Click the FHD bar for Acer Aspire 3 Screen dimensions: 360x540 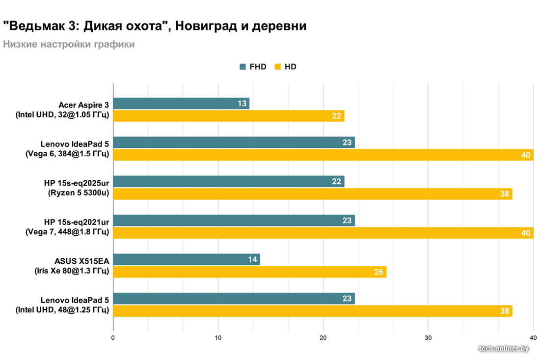click(181, 104)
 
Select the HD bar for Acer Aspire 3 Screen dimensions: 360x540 click(228, 116)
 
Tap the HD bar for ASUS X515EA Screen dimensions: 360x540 click(249, 272)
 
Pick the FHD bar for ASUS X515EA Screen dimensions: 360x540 click(187, 259)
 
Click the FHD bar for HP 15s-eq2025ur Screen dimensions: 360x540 click(228, 182)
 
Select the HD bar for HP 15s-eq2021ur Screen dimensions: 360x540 click(323, 233)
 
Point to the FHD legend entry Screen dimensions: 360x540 click(253, 67)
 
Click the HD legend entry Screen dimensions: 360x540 click(285, 67)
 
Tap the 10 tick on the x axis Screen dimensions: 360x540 click(218, 338)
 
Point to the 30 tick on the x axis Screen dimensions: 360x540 click(428, 338)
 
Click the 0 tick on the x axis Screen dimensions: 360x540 click(113, 338)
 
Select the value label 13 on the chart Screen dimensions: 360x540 click(242, 104)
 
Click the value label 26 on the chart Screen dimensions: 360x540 click(378, 272)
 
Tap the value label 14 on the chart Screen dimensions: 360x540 click(252, 259)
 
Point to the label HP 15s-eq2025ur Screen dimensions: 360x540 click(76, 183)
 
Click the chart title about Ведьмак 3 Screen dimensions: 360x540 click(155, 26)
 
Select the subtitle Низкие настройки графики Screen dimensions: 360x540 click(69, 45)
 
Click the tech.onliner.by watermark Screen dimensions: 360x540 click(504, 348)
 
